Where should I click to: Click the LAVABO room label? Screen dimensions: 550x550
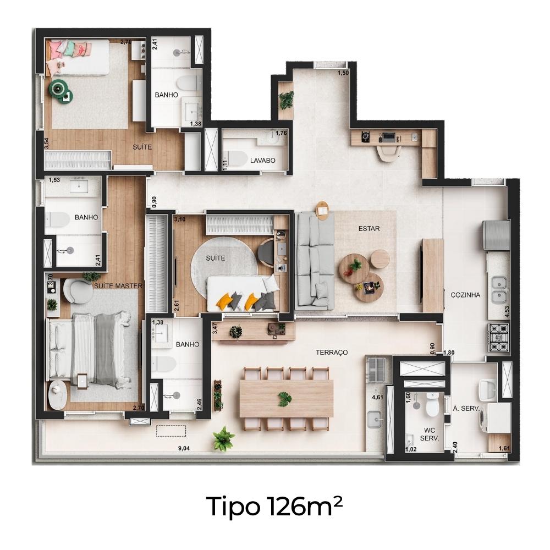click(263, 160)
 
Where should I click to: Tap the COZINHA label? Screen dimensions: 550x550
click(465, 295)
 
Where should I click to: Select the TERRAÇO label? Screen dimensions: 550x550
click(332, 352)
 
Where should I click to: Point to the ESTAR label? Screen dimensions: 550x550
click(369, 229)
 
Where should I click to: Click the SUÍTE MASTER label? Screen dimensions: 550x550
click(118, 286)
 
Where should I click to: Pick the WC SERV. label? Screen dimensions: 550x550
click(430, 435)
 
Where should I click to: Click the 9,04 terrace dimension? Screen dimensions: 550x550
click(184, 448)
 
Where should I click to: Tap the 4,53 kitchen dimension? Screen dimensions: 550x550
click(507, 312)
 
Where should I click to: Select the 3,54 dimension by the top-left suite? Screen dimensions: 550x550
click(47, 144)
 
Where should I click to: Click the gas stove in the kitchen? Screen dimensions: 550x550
click(499, 338)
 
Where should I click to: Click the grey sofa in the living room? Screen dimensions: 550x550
click(315, 261)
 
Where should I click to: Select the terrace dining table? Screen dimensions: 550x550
click(286, 399)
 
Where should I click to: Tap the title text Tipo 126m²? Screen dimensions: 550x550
click(274, 506)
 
